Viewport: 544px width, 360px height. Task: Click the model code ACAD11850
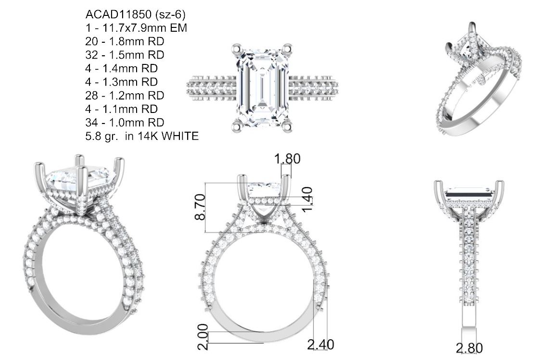(x=118, y=14)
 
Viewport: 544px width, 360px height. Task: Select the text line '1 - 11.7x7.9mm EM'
(x=136, y=28)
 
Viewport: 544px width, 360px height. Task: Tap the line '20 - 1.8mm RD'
(x=125, y=41)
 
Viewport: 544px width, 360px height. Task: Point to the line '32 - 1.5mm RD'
(x=125, y=55)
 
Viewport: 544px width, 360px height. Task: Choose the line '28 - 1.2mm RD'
(x=125, y=95)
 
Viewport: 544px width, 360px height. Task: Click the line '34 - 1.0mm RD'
(x=125, y=123)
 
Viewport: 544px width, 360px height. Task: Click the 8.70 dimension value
(x=201, y=207)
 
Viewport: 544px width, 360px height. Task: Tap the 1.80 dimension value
(x=287, y=159)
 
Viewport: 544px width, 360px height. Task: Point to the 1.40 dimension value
(x=307, y=199)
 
